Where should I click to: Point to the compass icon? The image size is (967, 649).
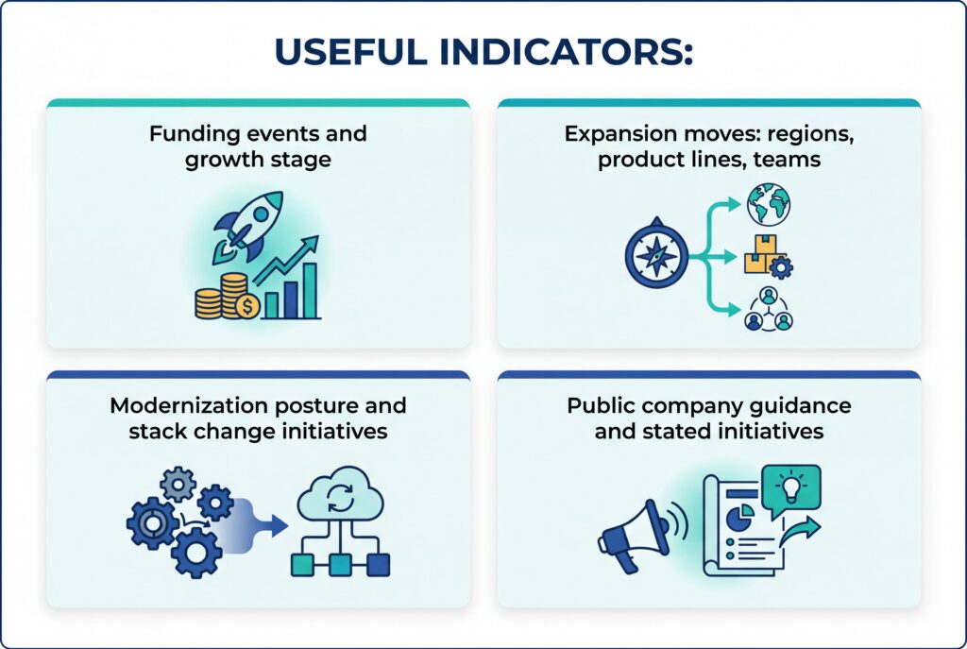coord(652,257)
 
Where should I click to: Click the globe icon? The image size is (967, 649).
coord(768,204)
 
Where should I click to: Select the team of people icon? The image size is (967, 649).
coord(768,310)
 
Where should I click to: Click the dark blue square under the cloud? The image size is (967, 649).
coord(378,564)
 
